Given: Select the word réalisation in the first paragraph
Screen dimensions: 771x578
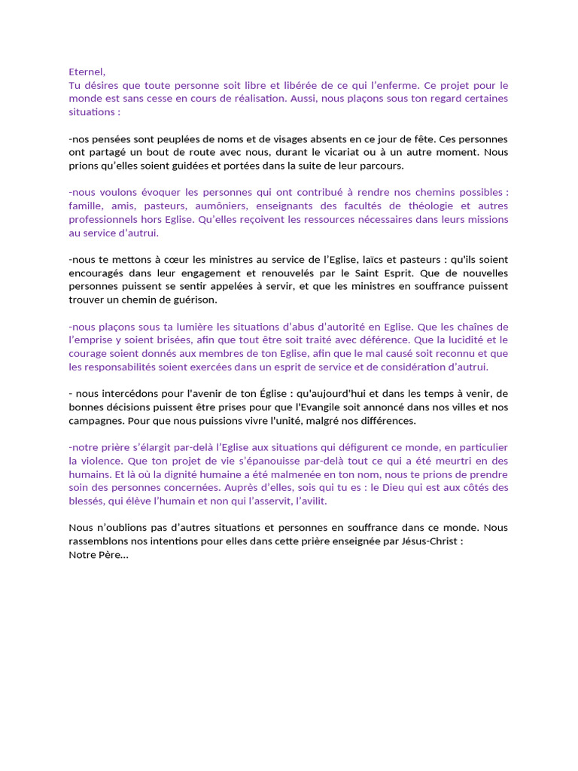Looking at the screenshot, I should tap(260, 99).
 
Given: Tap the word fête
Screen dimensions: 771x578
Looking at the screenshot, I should tap(425, 139).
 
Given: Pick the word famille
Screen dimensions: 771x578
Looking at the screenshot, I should tap(87, 206).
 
